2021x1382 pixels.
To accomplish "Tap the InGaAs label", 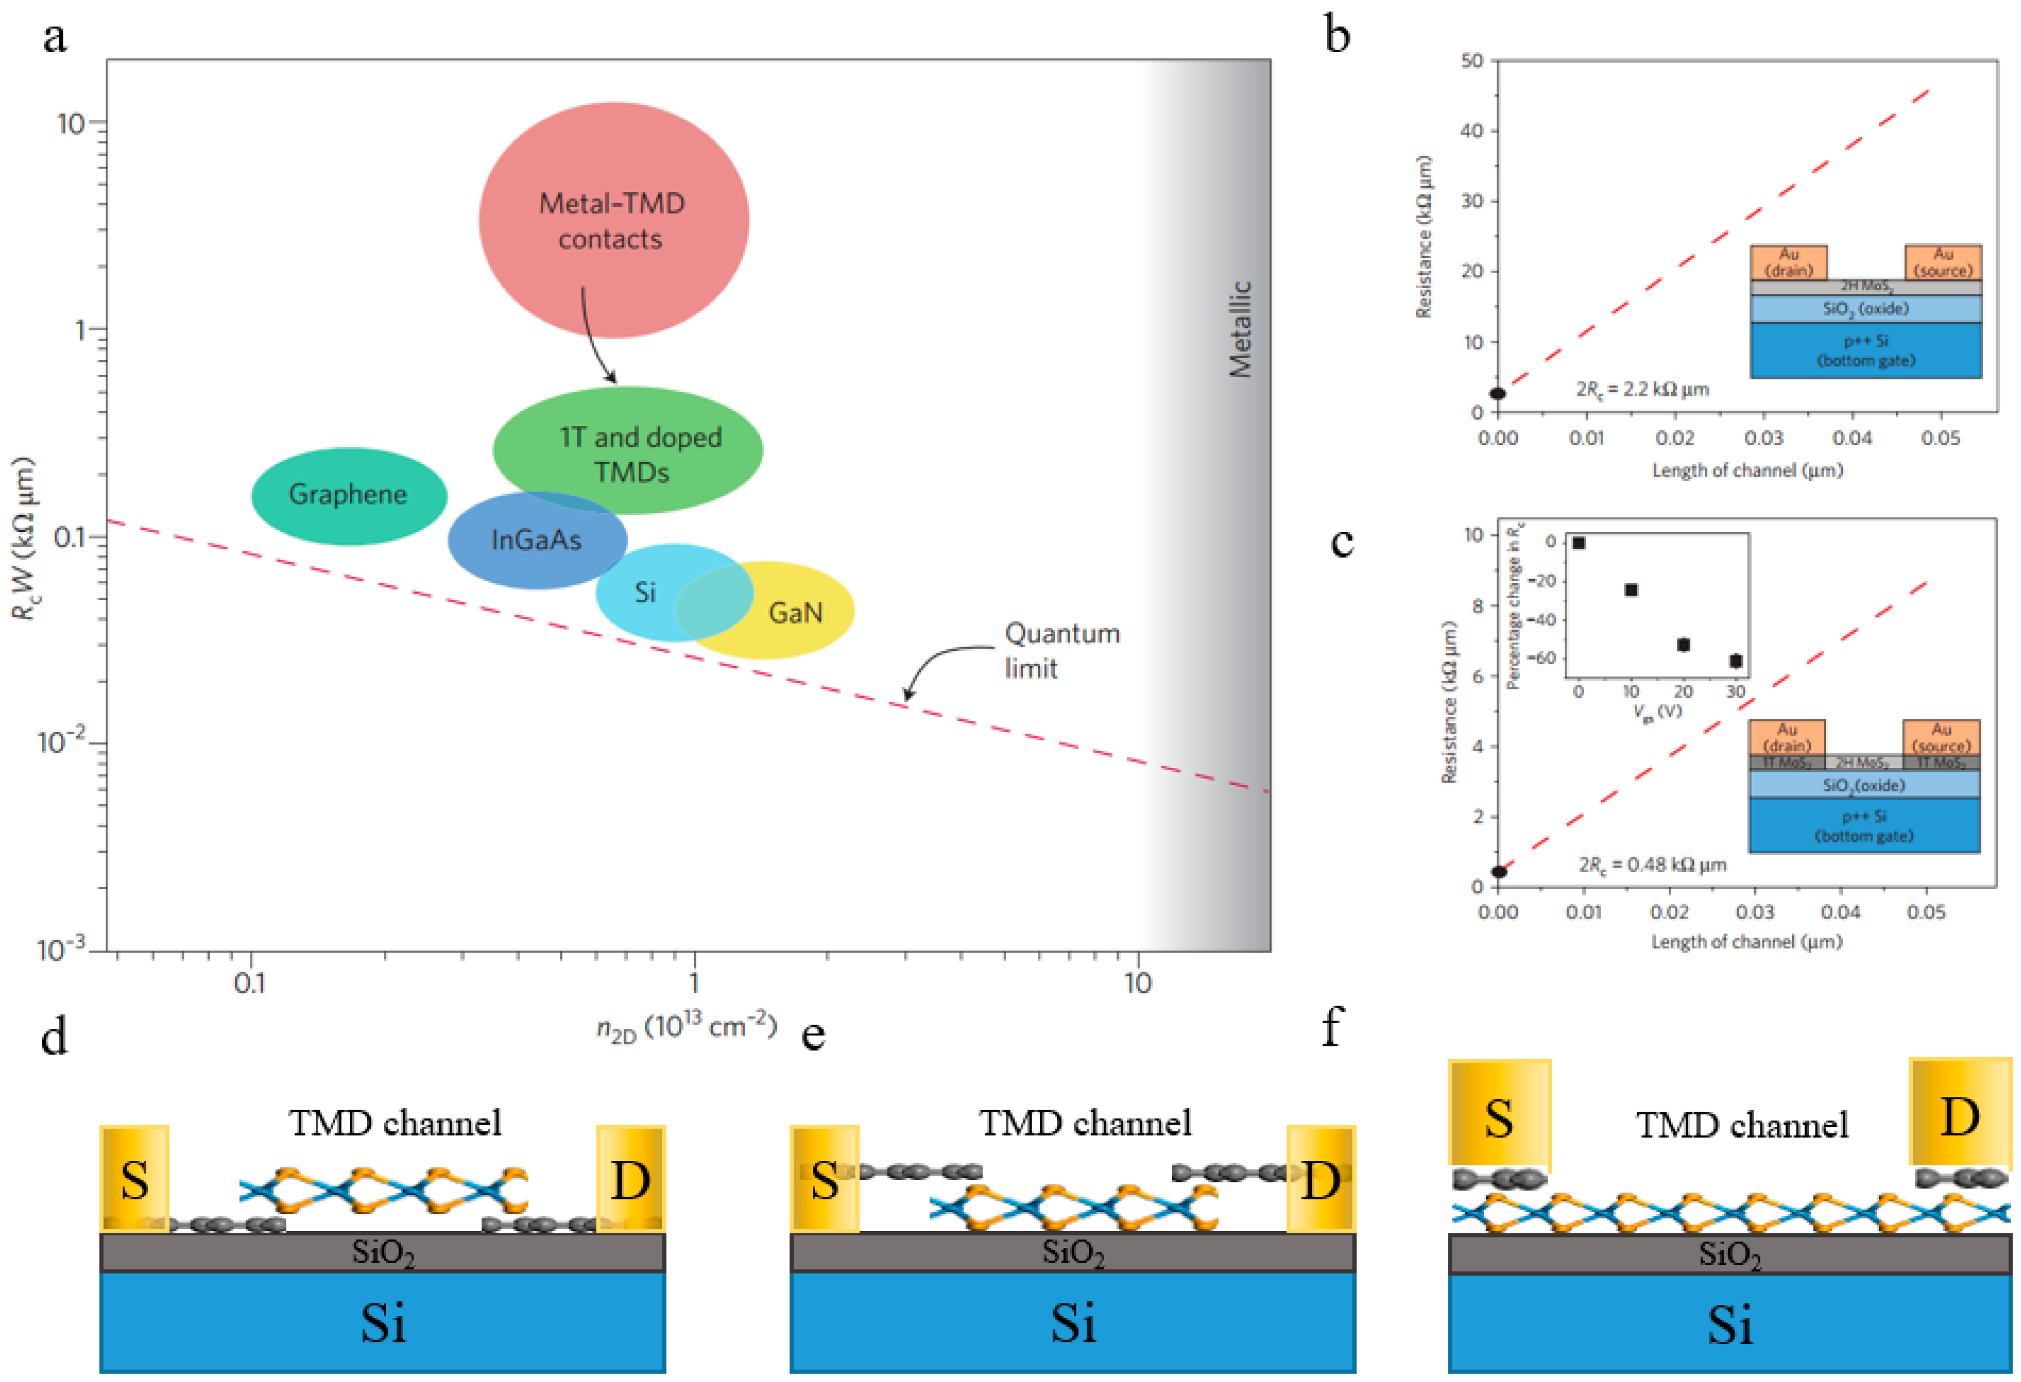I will (x=536, y=540).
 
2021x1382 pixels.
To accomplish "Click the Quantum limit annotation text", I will (x=1061, y=650).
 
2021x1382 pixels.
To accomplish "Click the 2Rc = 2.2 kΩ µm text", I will (x=1642, y=390).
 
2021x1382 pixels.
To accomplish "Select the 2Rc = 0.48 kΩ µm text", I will (x=1652, y=865).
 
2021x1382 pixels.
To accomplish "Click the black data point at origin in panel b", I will (x=1498, y=394).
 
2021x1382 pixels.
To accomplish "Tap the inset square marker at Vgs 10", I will (x=1631, y=590).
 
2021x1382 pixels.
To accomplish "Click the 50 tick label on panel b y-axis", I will (x=1472, y=61).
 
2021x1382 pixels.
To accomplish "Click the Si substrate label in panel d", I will (x=383, y=1324).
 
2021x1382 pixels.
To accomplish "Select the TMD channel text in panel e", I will (x=1084, y=1124).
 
